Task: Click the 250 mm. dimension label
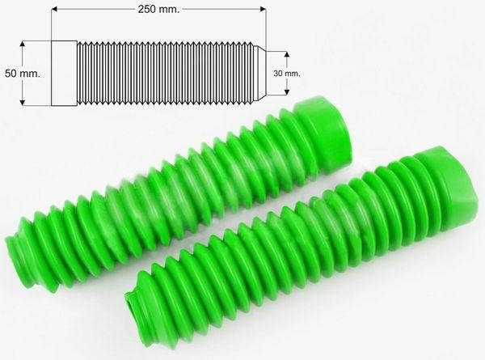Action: coord(158,9)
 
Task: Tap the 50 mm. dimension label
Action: coord(23,74)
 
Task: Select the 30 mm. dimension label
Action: coord(287,74)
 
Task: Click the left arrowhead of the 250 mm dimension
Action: coord(54,9)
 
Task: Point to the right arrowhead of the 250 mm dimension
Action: coord(263,9)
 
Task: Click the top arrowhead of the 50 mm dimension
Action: coord(22,44)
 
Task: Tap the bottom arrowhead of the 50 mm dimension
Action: coord(22,103)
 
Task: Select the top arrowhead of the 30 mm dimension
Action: coord(287,54)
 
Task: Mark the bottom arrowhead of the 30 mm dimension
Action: coord(287,91)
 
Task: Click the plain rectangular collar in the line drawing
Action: coord(64,74)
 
